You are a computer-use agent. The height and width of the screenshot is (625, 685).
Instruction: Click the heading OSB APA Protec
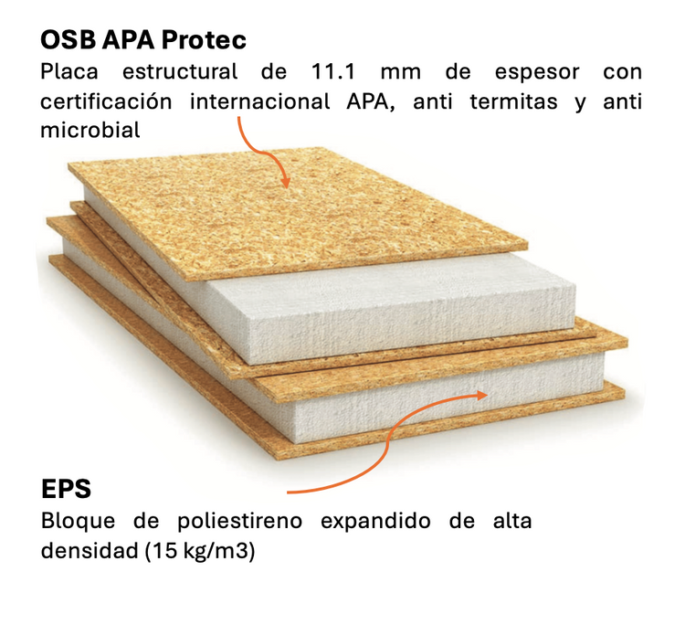(143, 41)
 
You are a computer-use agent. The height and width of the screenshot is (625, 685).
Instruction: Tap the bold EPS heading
(66, 488)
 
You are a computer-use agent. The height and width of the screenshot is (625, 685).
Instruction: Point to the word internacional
(259, 101)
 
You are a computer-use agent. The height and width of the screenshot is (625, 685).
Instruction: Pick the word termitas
(511, 101)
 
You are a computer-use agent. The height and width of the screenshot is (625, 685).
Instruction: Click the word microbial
(90, 131)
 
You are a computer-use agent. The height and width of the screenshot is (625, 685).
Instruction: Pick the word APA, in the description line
(369, 101)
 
